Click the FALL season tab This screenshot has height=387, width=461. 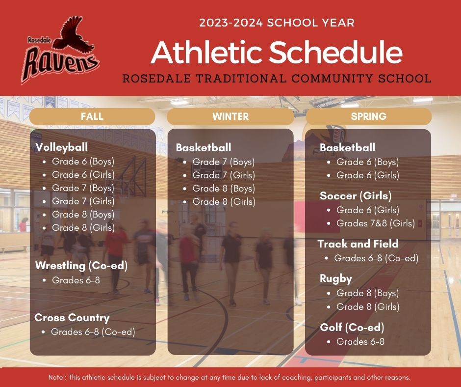pos(92,116)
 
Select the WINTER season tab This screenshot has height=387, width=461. pos(230,116)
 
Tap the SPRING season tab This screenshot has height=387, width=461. pos(369,116)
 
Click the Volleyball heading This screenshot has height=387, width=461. pos(61,147)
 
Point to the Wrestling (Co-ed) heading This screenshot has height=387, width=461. pos(81,266)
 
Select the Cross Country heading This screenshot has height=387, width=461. pos(72,317)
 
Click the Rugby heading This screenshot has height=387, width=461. pos(336,279)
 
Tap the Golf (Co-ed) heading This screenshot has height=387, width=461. pos(352,327)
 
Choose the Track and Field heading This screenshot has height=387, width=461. pos(358,244)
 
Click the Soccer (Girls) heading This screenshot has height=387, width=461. pos(356,196)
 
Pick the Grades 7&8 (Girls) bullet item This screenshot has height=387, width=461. pos(376,223)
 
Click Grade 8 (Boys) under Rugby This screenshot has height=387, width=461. pos(367,293)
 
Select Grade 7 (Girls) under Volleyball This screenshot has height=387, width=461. pos(83,201)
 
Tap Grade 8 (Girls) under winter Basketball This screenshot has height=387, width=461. pos(224,202)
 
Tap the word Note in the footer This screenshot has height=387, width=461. pos(55,377)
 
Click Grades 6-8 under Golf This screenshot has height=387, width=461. pos(360,342)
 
